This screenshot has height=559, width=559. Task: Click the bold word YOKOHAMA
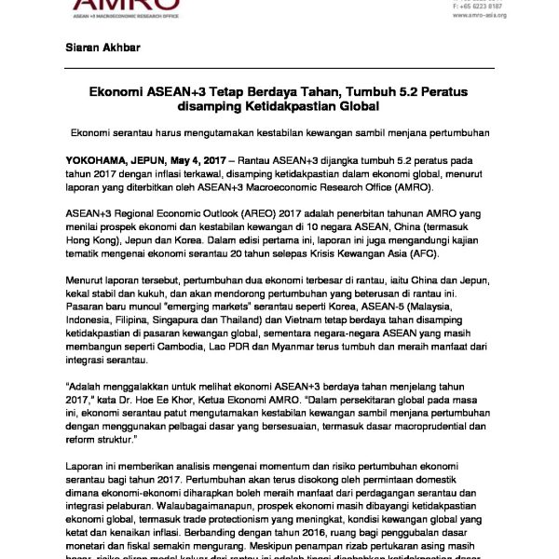pyautogui.click(x=102, y=161)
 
